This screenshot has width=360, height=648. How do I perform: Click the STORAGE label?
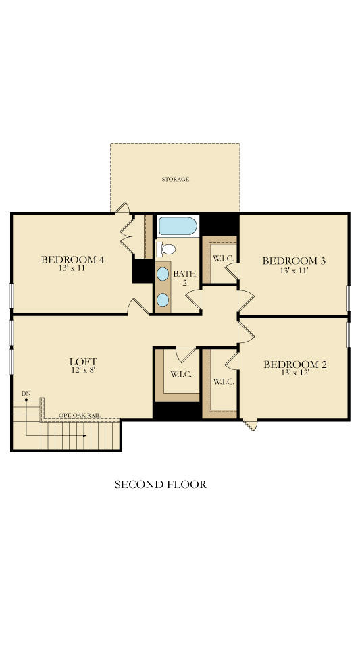175,179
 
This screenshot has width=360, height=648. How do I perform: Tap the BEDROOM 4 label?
72,259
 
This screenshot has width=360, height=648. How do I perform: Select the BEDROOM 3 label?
294,261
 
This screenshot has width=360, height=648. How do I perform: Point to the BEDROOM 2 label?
295,364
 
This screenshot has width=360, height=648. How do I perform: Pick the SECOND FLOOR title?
160,485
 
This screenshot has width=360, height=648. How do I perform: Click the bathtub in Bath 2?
178,226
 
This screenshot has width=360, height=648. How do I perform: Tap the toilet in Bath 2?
166,249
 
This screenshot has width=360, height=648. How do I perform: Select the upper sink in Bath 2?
163,274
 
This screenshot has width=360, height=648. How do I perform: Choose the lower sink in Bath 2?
163,300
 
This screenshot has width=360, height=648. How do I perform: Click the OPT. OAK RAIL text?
79,415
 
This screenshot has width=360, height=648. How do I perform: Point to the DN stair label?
26,394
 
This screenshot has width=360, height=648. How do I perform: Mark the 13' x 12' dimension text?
295,373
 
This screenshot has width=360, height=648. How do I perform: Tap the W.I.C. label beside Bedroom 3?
224,259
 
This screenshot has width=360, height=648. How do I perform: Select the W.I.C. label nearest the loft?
181,374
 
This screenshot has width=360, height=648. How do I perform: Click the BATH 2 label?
184,277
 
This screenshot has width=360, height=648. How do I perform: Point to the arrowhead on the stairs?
84,435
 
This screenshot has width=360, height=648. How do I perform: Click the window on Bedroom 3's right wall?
349,298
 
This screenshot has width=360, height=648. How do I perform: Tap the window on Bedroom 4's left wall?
11,296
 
